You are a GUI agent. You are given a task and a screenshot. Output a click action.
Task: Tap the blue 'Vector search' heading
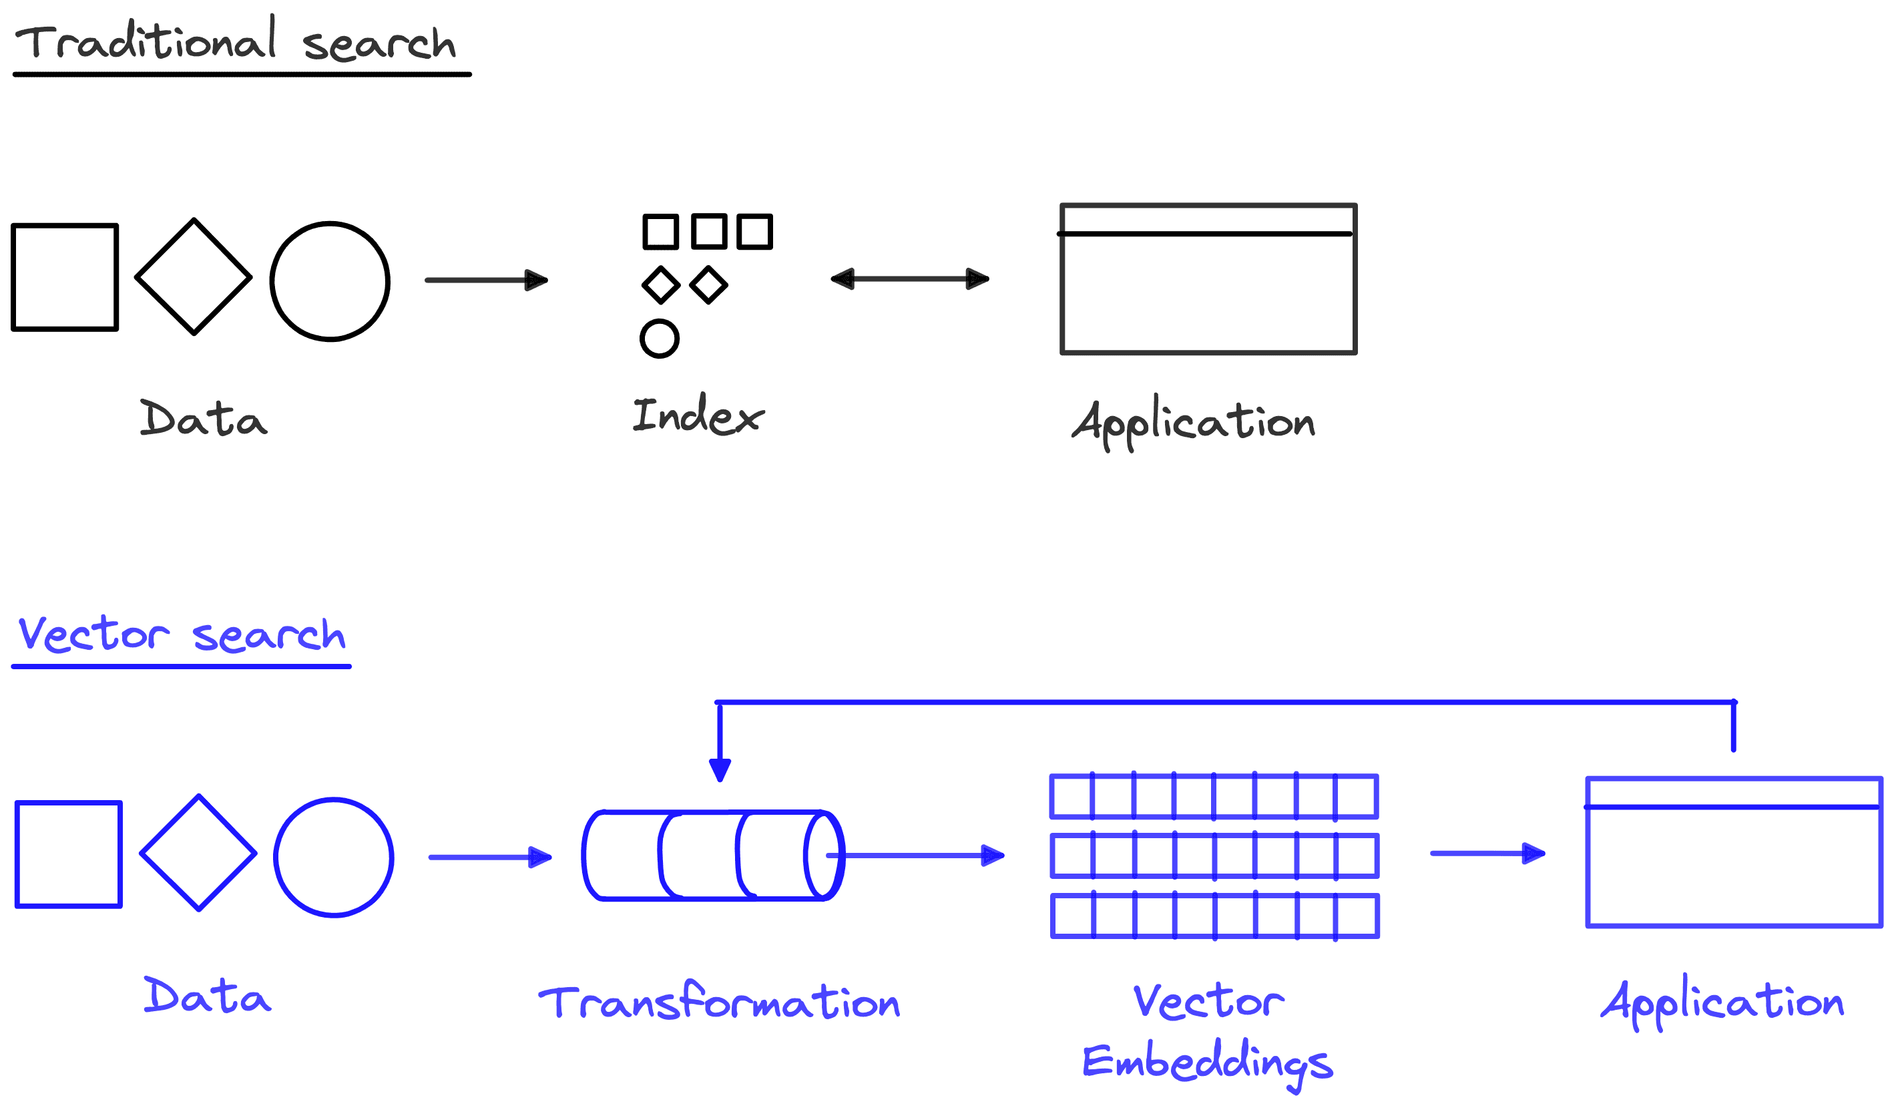tap(181, 634)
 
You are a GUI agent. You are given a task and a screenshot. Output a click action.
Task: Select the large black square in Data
tap(65, 276)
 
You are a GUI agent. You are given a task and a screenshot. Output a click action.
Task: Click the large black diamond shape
tap(193, 276)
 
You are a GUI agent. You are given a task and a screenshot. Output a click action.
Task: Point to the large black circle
tap(329, 281)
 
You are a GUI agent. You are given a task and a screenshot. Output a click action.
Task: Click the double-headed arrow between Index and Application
tap(909, 279)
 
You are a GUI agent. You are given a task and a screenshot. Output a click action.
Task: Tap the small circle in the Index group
tap(659, 339)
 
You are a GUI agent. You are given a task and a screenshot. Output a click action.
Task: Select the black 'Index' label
tap(698, 416)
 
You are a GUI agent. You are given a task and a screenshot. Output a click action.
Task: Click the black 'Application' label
tap(1194, 423)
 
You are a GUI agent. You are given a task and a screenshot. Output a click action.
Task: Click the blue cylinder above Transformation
tap(712, 855)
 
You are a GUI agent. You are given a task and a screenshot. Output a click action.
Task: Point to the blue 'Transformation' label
tap(719, 1002)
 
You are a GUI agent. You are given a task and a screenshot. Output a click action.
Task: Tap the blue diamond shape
tap(198, 853)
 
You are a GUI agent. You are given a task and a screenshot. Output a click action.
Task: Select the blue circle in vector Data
tap(333, 857)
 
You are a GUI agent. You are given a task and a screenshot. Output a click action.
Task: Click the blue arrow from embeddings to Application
tap(1487, 854)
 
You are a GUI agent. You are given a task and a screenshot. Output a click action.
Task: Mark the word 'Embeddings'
tap(1207, 1063)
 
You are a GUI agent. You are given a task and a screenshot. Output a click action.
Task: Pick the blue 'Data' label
tap(207, 996)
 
